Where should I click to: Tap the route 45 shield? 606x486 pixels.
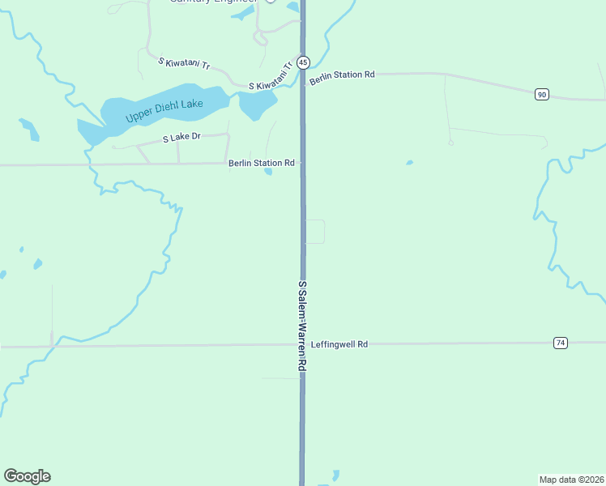click(x=302, y=62)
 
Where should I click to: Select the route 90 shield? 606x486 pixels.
click(x=541, y=95)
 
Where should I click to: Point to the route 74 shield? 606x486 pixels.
click(x=560, y=343)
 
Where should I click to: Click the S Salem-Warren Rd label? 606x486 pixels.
click(x=302, y=326)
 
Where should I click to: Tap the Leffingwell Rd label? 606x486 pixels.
click(x=339, y=344)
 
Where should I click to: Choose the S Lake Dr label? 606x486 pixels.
click(x=181, y=138)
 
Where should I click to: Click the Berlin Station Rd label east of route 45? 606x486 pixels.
click(x=342, y=75)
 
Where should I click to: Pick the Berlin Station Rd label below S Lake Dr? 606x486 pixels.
click(x=261, y=163)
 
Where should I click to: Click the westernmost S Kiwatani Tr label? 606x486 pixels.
click(x=184, y=62)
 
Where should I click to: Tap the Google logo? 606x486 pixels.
click(x=27, y=476)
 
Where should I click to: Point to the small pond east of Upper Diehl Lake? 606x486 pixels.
click(x=258, y=103)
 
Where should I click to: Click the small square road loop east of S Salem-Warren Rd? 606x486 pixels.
click(x=315, y=232)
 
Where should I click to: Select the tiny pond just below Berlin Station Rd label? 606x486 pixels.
click(x=267, y=171)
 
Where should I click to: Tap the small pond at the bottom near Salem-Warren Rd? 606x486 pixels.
click(x=335, y=475)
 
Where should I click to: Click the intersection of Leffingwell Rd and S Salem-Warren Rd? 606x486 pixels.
click(x=302, y=344)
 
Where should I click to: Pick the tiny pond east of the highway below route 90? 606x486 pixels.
click(x=409, y=162)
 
